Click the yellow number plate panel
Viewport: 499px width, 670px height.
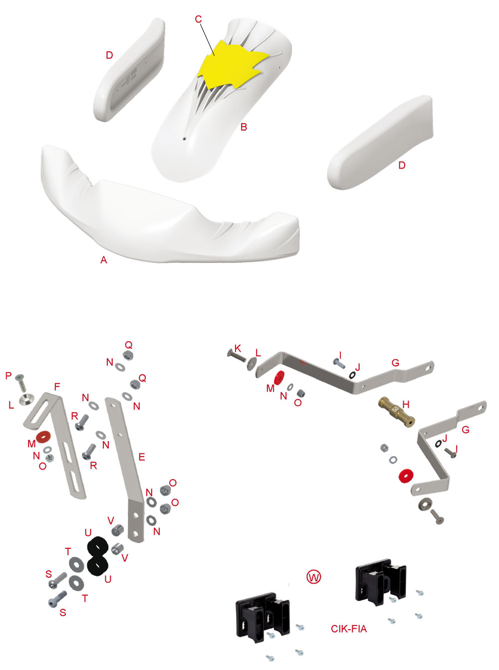(231, 65)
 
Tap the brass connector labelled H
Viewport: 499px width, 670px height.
(396, 412)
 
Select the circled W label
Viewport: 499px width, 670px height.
(313, 577)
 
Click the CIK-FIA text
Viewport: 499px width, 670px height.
(349, 629)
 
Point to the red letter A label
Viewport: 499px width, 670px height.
(104, 260)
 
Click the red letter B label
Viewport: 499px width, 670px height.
(244, 127)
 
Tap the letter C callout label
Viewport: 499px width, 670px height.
(198, 19)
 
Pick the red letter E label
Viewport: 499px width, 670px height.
(142, 457)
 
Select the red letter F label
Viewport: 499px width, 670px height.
(57, 387)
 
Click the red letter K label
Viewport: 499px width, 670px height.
(238, 348)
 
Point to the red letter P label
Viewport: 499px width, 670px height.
(8, 376)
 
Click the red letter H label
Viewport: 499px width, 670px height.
(406, 404)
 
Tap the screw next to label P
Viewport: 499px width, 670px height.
(21, 383)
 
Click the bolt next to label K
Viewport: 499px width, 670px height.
(237, 356)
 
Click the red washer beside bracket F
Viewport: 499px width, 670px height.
(43, 437)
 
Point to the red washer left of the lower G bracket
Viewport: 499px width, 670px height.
(406, 476)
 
